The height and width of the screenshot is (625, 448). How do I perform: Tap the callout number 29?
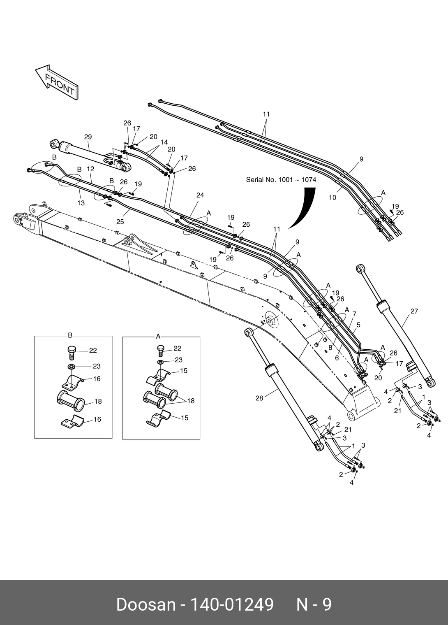point(88,137)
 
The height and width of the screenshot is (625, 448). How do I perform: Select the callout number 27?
point(414,311)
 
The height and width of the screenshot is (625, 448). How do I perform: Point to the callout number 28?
point(259,398)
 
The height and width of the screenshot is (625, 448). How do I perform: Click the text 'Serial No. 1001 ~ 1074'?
point(281,180)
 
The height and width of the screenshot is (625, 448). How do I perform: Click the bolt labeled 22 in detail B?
point(71,351)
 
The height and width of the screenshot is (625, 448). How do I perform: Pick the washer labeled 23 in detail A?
point(159,362)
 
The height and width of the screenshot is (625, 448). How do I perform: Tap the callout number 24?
point(200,195)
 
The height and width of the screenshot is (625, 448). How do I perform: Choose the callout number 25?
point(120,222)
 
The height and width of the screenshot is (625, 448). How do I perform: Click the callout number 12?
point(91,169)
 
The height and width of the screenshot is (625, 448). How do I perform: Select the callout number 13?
point(81,203)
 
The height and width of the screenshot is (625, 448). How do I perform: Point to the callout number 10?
point(333,197)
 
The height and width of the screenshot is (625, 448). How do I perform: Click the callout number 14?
point(164,142)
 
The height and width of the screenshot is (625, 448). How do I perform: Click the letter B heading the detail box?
point(70,335)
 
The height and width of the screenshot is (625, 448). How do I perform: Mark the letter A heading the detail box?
point(158,336)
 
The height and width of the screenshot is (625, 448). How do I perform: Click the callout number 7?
point(354,314)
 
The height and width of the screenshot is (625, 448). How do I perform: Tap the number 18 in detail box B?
point(98,401)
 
